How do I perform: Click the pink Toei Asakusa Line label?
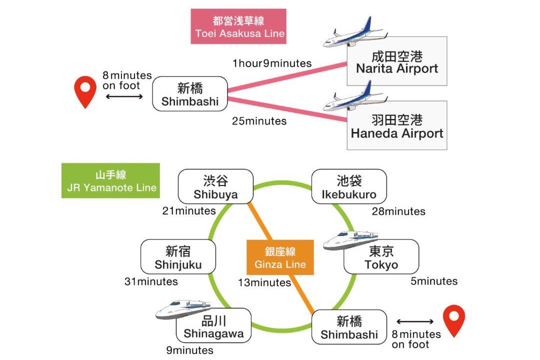click(238, 26)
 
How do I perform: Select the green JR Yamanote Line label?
click(110, 180)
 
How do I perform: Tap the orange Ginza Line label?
click(280, 257)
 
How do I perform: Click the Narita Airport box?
click(396, 61)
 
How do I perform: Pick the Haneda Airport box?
click(396, 125)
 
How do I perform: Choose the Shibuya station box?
click(215, 186)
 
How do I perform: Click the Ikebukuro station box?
click(349, 186)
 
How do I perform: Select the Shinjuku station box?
click(178, 256)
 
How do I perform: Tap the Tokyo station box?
click(381, 256)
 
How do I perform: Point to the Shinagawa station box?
click(213, 325)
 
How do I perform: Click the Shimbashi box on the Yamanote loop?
click(349, 327)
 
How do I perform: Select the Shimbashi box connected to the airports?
click(190, 93)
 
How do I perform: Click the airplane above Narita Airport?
click(355, 32)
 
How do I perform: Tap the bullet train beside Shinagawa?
click(183, 309)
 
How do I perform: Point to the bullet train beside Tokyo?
click(350, 240)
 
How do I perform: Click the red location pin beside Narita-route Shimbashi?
click(85, 92)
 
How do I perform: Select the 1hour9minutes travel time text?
click(271, 63)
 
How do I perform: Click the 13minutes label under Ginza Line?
click(264, 283)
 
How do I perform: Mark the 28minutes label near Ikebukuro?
click(398, 211)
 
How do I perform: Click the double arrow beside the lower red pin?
click(414, 322)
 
